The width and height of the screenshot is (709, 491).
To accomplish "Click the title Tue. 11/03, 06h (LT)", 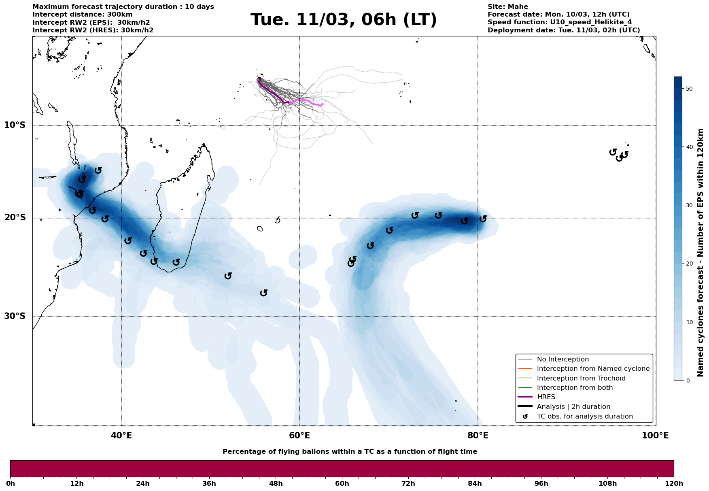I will coord(344,20).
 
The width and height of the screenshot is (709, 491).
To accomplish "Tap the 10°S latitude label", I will coord(15,125).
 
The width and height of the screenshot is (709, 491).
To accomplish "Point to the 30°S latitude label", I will coord(15,316).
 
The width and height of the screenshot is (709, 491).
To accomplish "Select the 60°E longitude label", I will coord(299,436).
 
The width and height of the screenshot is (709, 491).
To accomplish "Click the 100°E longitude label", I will coord(656,436).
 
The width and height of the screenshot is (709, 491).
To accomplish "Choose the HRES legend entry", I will coord(546,397).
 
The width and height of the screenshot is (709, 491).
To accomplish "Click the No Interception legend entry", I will coord(563,359).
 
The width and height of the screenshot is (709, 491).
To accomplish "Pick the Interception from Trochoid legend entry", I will coord(581,378).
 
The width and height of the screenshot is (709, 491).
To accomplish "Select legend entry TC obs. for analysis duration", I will coord(585,417).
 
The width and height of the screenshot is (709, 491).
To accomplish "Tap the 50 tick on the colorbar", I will coord(690,89).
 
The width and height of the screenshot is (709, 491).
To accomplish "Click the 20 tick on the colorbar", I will coord(690,264).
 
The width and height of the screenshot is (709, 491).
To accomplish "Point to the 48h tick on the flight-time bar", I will coord(276,483).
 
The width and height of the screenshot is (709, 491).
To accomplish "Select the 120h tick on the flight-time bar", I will coord(674,483).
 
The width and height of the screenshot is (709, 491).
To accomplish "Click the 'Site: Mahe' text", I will coord(507,7).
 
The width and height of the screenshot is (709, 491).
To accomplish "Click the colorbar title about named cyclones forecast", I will coord(701,253).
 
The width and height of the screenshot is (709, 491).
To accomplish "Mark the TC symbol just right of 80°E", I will coord(483,219).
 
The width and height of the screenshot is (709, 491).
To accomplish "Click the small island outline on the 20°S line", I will coord(278,220).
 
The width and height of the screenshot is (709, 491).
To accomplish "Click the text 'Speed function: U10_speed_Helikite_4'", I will coord(559,22).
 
